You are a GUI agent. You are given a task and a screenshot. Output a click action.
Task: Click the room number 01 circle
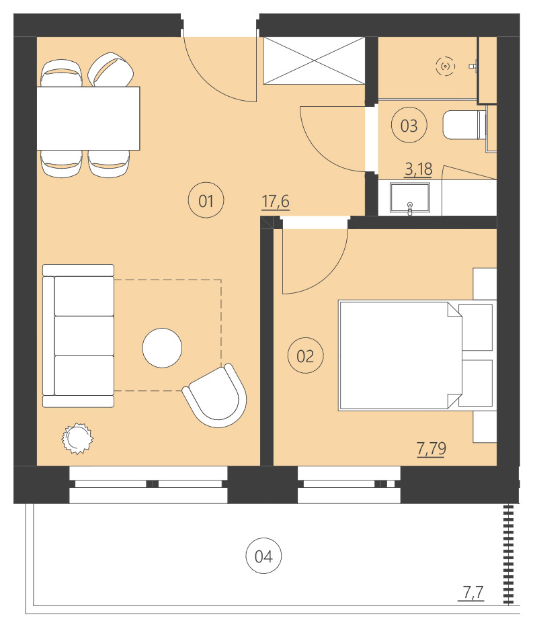[206, 200]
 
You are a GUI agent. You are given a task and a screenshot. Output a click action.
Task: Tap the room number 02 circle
[305, 355]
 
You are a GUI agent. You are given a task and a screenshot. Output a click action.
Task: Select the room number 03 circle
[409, 126]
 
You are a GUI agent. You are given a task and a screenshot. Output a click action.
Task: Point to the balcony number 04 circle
[263, 556]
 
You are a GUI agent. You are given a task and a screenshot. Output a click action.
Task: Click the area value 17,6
[276, 201]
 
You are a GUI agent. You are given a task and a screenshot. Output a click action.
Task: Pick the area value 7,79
[432, 448]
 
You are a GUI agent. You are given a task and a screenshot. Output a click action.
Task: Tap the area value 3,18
[417, 168]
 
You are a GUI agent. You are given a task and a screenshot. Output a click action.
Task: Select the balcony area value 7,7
[473, 592]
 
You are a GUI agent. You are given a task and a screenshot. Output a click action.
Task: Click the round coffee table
[162, 347]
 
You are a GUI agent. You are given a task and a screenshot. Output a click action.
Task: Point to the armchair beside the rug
[215, 396]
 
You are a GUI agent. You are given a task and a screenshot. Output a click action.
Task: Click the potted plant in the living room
[77, 438]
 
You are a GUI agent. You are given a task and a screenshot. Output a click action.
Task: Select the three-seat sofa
[79, 336]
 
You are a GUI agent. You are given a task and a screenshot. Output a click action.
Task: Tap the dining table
[88, 118]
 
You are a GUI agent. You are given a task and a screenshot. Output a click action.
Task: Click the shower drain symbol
[444, 66]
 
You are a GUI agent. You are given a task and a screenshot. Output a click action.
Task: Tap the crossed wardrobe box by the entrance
[313, 60]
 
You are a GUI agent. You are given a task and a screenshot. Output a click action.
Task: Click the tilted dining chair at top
[110, 71]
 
